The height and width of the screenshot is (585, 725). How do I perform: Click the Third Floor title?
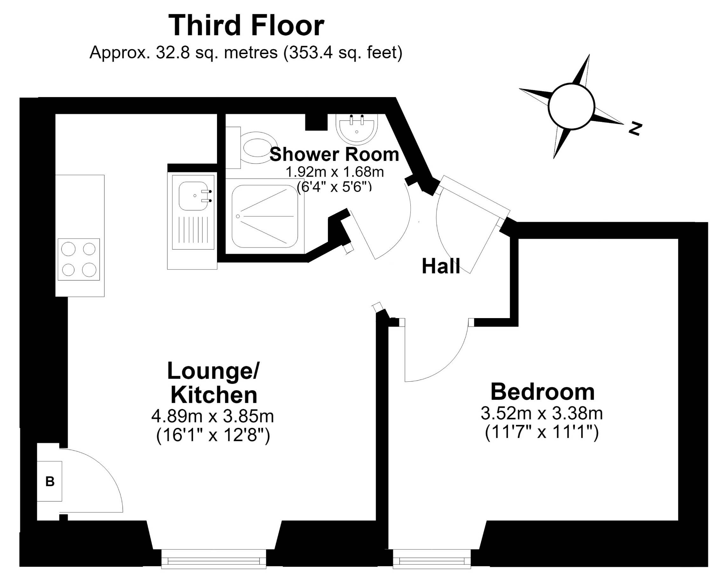coord(246,26)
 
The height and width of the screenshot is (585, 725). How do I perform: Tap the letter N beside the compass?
coord(635,129)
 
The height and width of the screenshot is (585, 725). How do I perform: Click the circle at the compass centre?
coord(571,106)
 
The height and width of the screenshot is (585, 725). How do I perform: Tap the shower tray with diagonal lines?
coord(265,216)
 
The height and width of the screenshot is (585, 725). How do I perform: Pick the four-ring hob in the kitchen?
coord(79,259)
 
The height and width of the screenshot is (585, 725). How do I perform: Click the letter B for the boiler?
coord(50,482)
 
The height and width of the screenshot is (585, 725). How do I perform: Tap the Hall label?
coord(441,266)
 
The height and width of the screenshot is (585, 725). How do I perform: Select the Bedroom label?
coord(542,392)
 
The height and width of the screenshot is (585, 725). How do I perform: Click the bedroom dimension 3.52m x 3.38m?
coord(542,414)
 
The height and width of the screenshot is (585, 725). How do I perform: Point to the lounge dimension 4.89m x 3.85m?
coord(213,416)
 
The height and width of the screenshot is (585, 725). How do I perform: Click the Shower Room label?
coord(334,154)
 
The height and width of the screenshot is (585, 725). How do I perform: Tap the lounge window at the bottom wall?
coord(214,560)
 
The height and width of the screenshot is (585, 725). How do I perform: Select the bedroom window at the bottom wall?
coord(432,560)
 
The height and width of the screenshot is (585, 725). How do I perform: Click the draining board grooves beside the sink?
coord(193,230)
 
